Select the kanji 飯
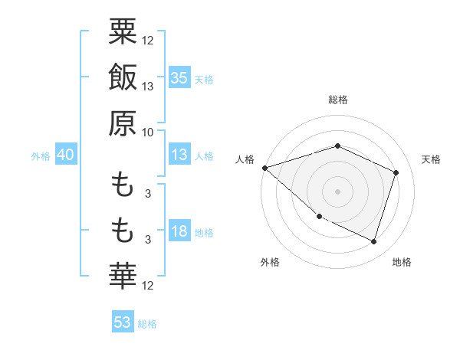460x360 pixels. pos(123,79)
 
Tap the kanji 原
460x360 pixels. pos(123,123)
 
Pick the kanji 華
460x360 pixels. pos(123,273)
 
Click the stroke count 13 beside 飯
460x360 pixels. pos(148,87)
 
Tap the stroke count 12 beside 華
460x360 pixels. pos(148,286)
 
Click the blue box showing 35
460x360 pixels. pos(179,78)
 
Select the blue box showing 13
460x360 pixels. pos(179,155)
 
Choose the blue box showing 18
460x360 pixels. pos(179,232)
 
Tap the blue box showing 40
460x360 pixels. pos(65,155)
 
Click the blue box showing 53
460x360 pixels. pos(123,322)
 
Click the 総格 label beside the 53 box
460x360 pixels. pos(147,324)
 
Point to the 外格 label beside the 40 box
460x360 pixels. pos(41,156)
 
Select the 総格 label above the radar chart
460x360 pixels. pos(337,100)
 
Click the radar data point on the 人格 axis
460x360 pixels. pos(264,167)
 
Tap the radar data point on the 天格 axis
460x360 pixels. pos(396,172)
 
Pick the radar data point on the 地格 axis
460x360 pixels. pos(374,241)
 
